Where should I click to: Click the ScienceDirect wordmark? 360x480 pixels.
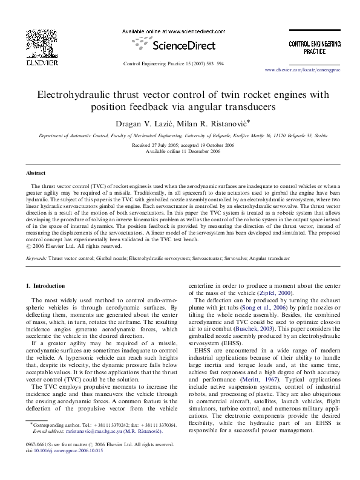[x=180, y=45]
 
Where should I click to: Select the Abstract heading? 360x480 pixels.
[x=36, y=172]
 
